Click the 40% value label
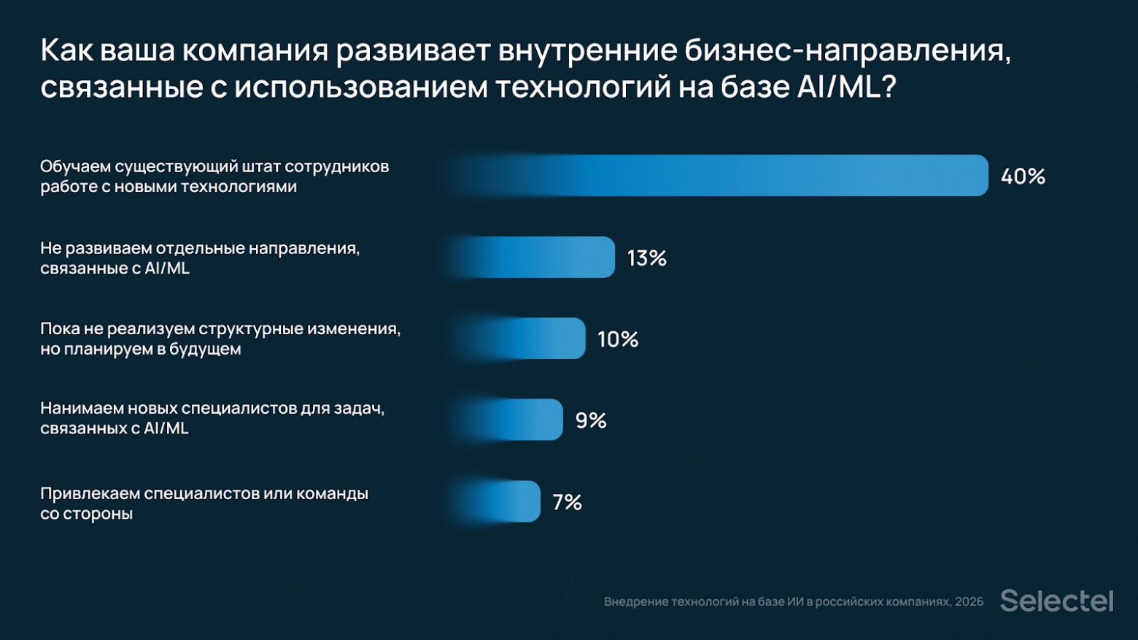pyautogui.click(x=1023, y=176)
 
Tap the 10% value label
pyautogui.click(x=618, y=339)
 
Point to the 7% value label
pyautogui.click(x=567, y=502)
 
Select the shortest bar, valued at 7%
pyautogui.click(x=496, y=501)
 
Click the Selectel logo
pyautogui.click(x=1056, y=601)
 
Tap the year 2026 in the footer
pyautogui.click(x=969, y=602)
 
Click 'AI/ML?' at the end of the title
pyautogui.click(x=846, y=88)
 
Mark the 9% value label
pyautogui.click(x=591, y=420)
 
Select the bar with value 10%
pyautogui.click(x=518, y=339)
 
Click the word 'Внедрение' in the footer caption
pyautogui.click(x=635, y=602)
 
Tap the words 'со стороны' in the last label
pyautogui.click(x=87, y=514)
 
